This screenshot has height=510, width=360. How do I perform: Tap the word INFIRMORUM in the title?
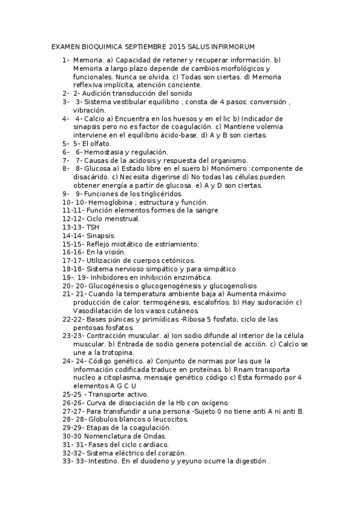pyautogui.click(x=230, y=46)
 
